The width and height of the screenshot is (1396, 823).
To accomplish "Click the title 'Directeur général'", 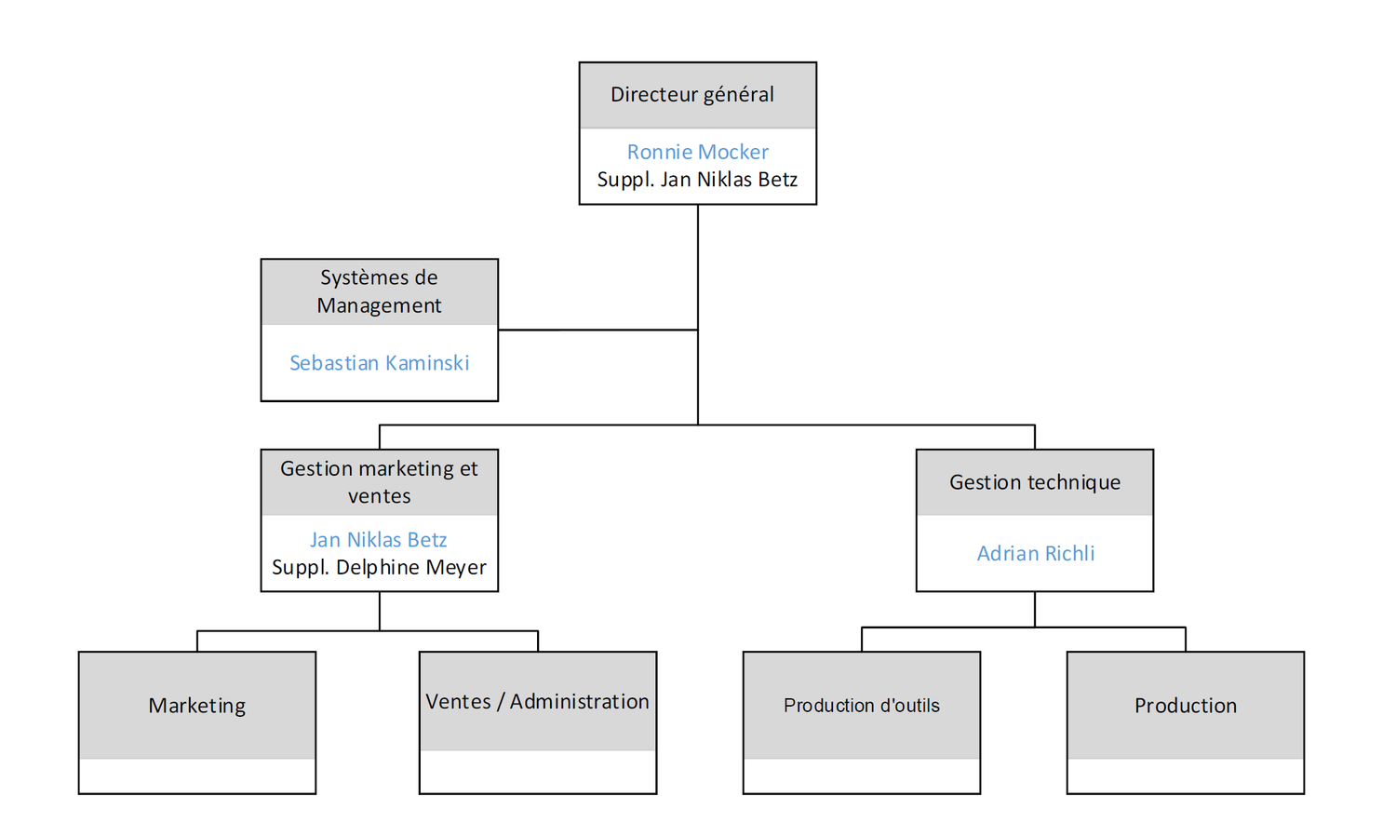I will pyautogui.click(x=691, y=94).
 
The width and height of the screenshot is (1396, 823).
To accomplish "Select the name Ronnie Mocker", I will pyautogui.click(x=697, y=152).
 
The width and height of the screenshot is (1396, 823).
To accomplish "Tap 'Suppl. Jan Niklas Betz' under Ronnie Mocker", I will pyautogui.click(x=697, y=180).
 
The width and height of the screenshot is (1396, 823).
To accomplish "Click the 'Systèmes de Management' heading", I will pyautogui.click(x=379, y=291).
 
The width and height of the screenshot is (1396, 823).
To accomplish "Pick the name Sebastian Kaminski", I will pyautogui.click(x=379, y=363).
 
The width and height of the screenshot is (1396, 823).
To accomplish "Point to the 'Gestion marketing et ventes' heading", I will pyautogui.click(x=379, y=482).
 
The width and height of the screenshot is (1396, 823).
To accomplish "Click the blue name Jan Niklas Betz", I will pyautogui.click(x=378, y=540).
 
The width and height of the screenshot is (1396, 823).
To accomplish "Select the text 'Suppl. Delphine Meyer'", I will pyautogui.click(x=379, y=567).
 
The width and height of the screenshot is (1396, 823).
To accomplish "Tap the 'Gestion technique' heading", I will pyautogui.click(x=1034, y=482).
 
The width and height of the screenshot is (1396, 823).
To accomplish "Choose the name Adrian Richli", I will pyautogui.click(x=1035, y=554).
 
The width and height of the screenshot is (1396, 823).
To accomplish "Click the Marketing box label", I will pyautogui.click(x=197, y=706).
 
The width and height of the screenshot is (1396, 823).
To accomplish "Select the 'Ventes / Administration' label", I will pyautogui.click(x=537, y=702).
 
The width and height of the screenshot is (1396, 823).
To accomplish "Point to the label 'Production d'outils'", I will pyautogui.click(x=861, y=706).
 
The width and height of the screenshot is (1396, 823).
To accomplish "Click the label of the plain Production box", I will pyautogui.click(x=1185, y=706).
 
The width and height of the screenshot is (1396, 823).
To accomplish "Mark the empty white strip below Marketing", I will pyautogui.click(x=197, y=776).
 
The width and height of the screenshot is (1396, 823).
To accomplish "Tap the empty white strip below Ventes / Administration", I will pyautogui.click(x=537, y=772).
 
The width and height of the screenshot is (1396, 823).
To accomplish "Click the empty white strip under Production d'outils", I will pyautogui.click(x=861, y=776).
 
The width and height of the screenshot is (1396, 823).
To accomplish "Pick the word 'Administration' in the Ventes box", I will pyautogui.click(x=579, y=702).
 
